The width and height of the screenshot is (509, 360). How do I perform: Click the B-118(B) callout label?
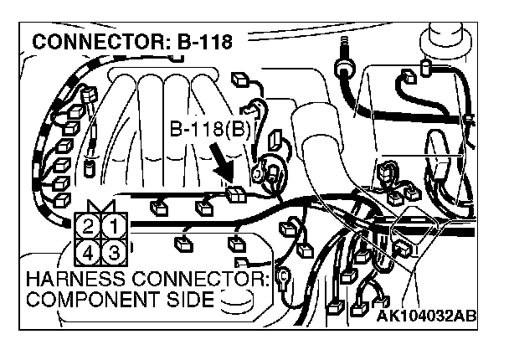pyautogui.click(x=210, y=131)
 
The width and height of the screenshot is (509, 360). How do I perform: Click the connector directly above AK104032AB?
pyautogui.click(x=367, y=306)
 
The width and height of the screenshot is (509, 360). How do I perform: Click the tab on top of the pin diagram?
pyautogui.click(x=101, y=206)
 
